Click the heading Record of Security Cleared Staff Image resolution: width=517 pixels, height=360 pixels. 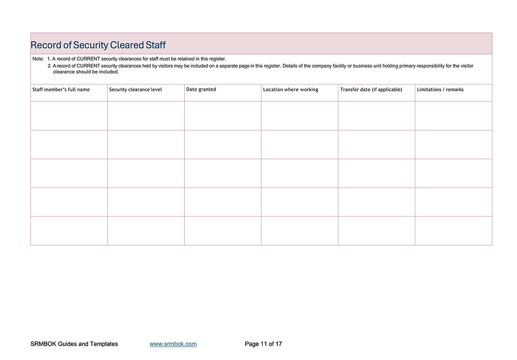point(99,44)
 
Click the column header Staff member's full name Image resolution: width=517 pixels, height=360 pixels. point(61,90)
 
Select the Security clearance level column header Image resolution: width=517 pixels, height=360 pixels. point(136,90)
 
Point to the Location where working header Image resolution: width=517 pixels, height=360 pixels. point(291,90)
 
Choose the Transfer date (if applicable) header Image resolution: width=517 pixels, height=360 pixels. point(371,90)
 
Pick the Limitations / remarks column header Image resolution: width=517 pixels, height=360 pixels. point(440,90)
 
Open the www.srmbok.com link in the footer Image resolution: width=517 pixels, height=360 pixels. point(173,344)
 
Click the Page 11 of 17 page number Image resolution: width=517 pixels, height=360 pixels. point(263,344)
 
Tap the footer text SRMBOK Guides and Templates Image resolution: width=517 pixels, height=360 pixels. point(74,344)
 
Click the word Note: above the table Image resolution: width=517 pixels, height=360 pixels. point(38,59)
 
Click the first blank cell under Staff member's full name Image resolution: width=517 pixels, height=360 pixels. point(69,116)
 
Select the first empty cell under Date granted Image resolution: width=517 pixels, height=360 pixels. point(223,116)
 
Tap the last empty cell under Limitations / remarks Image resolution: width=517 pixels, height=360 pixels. point(453,231)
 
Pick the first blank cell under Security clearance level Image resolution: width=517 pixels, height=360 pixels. point(146,116)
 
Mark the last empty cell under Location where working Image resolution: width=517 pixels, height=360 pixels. point(300,231)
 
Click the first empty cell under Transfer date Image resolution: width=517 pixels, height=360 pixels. point(376,116)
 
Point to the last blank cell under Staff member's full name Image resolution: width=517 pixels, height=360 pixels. point(69,231)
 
